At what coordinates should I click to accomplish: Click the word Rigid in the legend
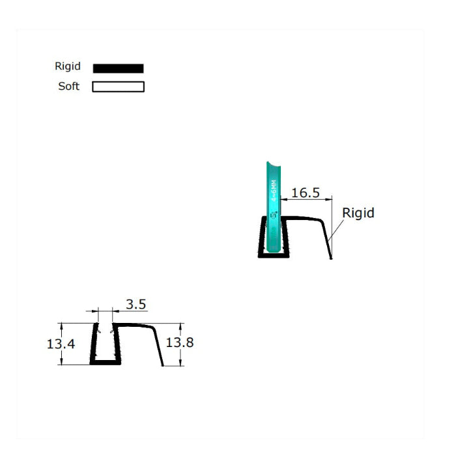pos(68,66)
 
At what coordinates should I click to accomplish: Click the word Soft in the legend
pos(68,86)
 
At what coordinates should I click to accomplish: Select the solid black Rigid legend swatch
pos(118,68)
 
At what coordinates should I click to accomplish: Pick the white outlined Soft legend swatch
pos(118,87)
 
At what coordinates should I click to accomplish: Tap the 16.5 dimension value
pos(305,193)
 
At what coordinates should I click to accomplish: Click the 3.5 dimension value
pos(135,304)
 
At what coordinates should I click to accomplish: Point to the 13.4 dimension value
pos(61,344)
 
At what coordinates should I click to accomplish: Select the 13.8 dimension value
pos(179,342)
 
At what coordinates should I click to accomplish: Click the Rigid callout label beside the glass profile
pos(358,213)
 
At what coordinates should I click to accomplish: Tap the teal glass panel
pos(274,208)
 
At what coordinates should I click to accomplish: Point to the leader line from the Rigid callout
pos(336,231)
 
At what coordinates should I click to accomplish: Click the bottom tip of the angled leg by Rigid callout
pos(330,257)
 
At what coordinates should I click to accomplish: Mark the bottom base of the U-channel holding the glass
pos(273,255)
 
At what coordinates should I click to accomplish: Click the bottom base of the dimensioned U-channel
pos(105,363)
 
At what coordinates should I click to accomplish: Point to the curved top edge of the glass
pos(274,163)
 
